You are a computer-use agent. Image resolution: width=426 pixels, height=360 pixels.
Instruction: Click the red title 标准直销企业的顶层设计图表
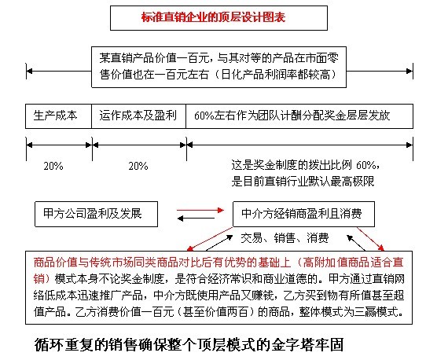click(213, 17)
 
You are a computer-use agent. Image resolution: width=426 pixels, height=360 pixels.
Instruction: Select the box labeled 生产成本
click(58, 116)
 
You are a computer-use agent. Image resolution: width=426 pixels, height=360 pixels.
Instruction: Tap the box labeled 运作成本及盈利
click(138, 116)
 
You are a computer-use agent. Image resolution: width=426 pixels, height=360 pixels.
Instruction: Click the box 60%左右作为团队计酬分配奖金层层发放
click(299, 116)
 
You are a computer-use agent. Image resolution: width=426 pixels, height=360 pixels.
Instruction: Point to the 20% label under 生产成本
click(53, 166)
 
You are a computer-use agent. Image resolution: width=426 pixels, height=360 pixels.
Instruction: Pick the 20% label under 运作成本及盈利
click(138, 166)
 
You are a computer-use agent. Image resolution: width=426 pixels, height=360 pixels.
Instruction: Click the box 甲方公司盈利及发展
click(96, 214)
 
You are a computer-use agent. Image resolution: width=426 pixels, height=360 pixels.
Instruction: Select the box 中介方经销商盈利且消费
click(303, 214)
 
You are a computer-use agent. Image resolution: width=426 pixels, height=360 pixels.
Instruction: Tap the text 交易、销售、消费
click(285, 238)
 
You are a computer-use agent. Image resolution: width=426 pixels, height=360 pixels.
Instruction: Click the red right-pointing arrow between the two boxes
click(200, 210)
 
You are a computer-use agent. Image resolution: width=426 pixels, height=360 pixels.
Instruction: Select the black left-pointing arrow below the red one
click(196, 219)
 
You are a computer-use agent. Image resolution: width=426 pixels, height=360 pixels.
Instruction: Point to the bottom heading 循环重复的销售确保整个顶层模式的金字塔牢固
click(189, 345)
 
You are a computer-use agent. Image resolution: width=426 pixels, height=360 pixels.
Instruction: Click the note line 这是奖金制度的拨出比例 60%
click(306, 165)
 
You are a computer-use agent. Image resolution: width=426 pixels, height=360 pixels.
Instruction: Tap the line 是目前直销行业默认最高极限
click(303, 182)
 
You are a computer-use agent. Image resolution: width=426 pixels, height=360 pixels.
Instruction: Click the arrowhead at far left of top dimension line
click(29, 72)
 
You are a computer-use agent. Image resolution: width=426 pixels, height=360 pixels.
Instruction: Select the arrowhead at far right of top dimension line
click(409, 72)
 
